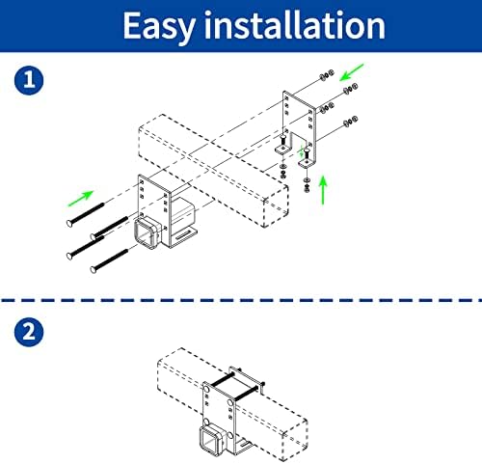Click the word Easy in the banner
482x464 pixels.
tap(159, 27)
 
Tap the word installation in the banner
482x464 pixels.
tap(295, 25)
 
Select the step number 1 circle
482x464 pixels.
tap(29, 80)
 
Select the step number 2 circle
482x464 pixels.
tap(29, 332)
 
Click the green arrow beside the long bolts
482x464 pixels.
tap(81, 199)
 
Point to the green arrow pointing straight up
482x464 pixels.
tap(323, 190)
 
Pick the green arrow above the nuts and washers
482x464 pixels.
tap(352, 72)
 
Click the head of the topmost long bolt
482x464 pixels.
tap(69, 223)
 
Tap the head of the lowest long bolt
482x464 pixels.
tap(94, 269)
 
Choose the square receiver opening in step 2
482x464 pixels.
tap(209, 441)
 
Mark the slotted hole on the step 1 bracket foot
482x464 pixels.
tap(184, 237)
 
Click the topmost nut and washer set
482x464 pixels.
tap(327, 75)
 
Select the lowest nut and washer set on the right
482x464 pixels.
tap(350, 122)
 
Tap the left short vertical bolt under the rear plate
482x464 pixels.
tap(282, 141)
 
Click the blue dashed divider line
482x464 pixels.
tap(241, 300)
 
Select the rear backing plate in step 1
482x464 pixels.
tap(300, 128)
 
